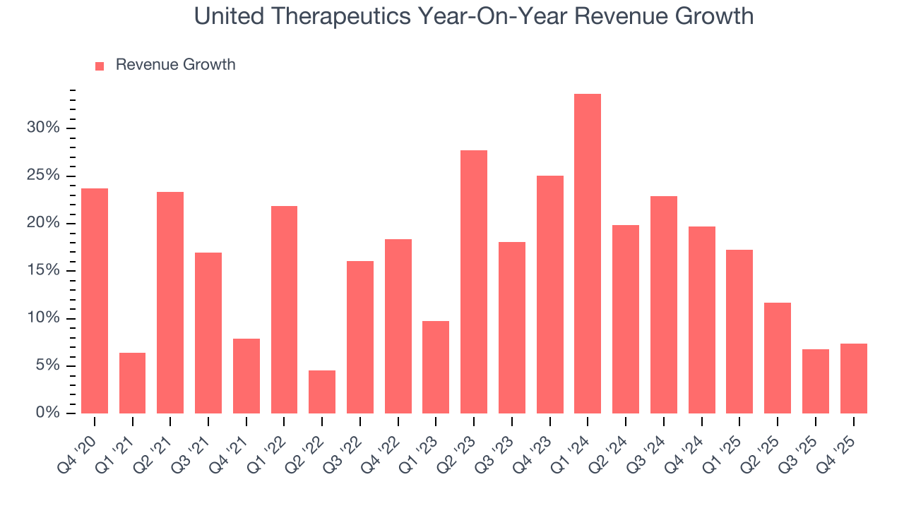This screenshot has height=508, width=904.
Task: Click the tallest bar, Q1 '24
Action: tap(588, 253)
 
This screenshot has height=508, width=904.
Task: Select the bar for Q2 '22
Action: tap(322, 392)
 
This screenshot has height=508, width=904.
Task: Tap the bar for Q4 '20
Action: tap(95, 301)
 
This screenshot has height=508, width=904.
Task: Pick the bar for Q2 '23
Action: tap(474, 282)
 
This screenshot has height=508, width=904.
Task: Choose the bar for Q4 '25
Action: tap(853, 378)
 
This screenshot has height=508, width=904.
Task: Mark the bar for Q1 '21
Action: tap(133, 383)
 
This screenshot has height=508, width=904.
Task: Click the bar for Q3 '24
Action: tap(664, 305)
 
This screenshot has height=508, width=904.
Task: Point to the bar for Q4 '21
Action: tap(246, 376)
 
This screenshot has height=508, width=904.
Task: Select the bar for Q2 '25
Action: tap(778, 358)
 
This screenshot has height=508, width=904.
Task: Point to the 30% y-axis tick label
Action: tap(43, 128)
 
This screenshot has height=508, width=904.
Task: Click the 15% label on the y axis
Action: tap(43, 271)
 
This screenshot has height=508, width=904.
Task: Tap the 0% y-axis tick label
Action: tap(47, 413)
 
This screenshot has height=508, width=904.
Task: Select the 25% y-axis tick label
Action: tap(43, 176)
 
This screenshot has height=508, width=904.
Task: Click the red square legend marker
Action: tap(100, 66)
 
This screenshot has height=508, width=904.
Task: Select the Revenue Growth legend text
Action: tap(175, 65)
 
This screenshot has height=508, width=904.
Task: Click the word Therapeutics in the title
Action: tap(342, 16)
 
